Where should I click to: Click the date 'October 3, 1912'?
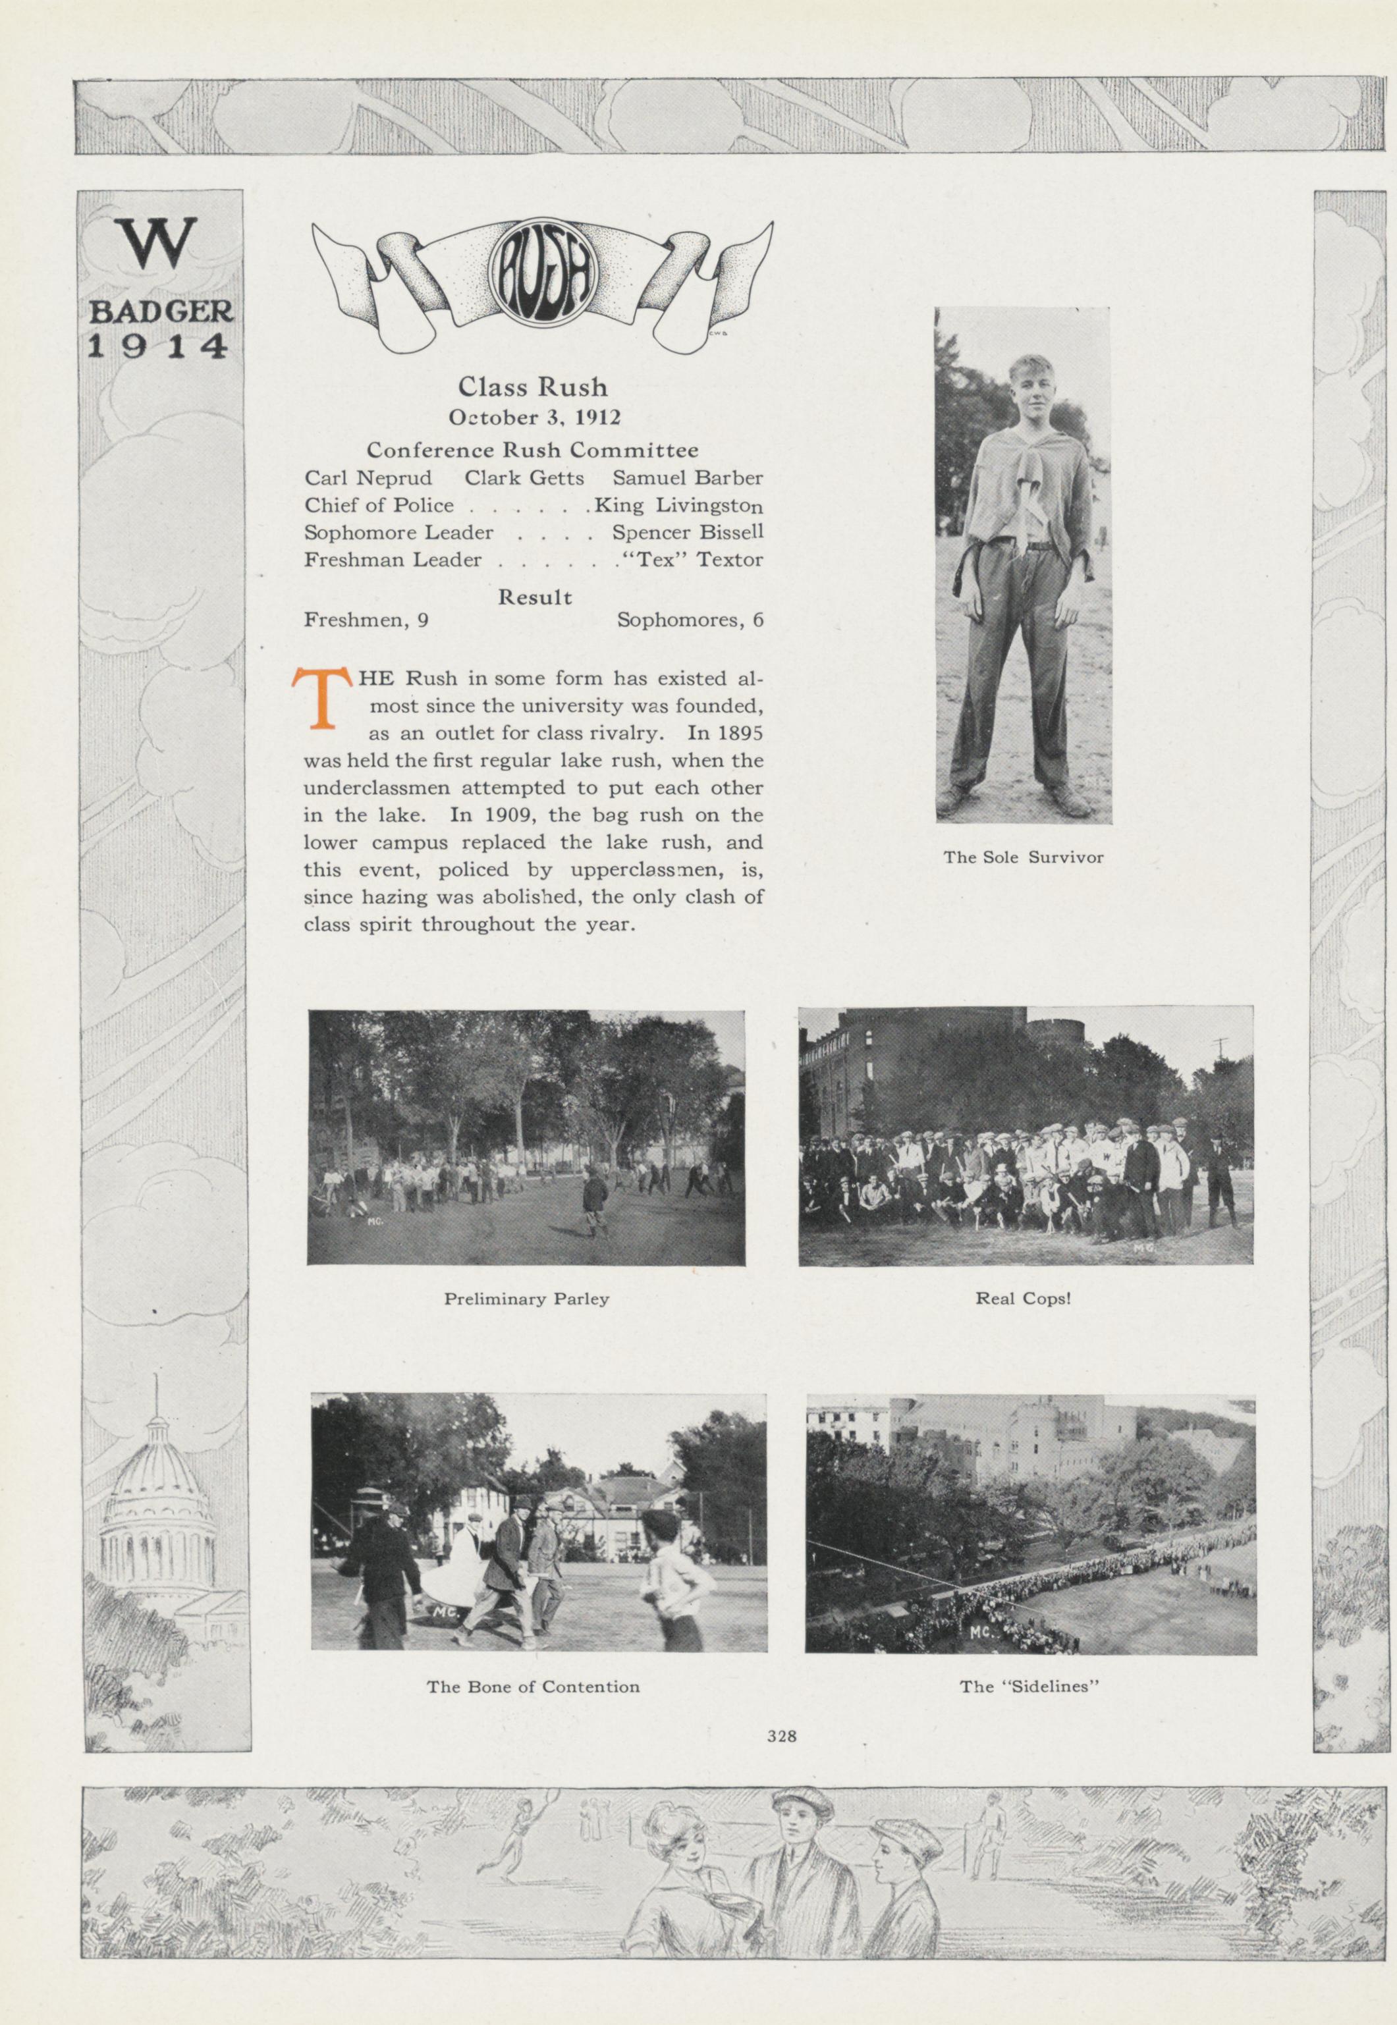(534, 418)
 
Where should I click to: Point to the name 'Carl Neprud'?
(362, 478)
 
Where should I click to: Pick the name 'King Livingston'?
(679, 506)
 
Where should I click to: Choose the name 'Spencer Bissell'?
(688, 532)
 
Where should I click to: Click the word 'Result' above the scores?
(534, 598)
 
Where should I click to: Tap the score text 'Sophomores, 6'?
(690, 620)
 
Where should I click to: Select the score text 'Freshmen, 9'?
(366, 620)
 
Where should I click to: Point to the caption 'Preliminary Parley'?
(526, 1299)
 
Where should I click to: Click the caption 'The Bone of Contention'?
(533, 1687)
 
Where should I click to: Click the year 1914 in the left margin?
(159, 346)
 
